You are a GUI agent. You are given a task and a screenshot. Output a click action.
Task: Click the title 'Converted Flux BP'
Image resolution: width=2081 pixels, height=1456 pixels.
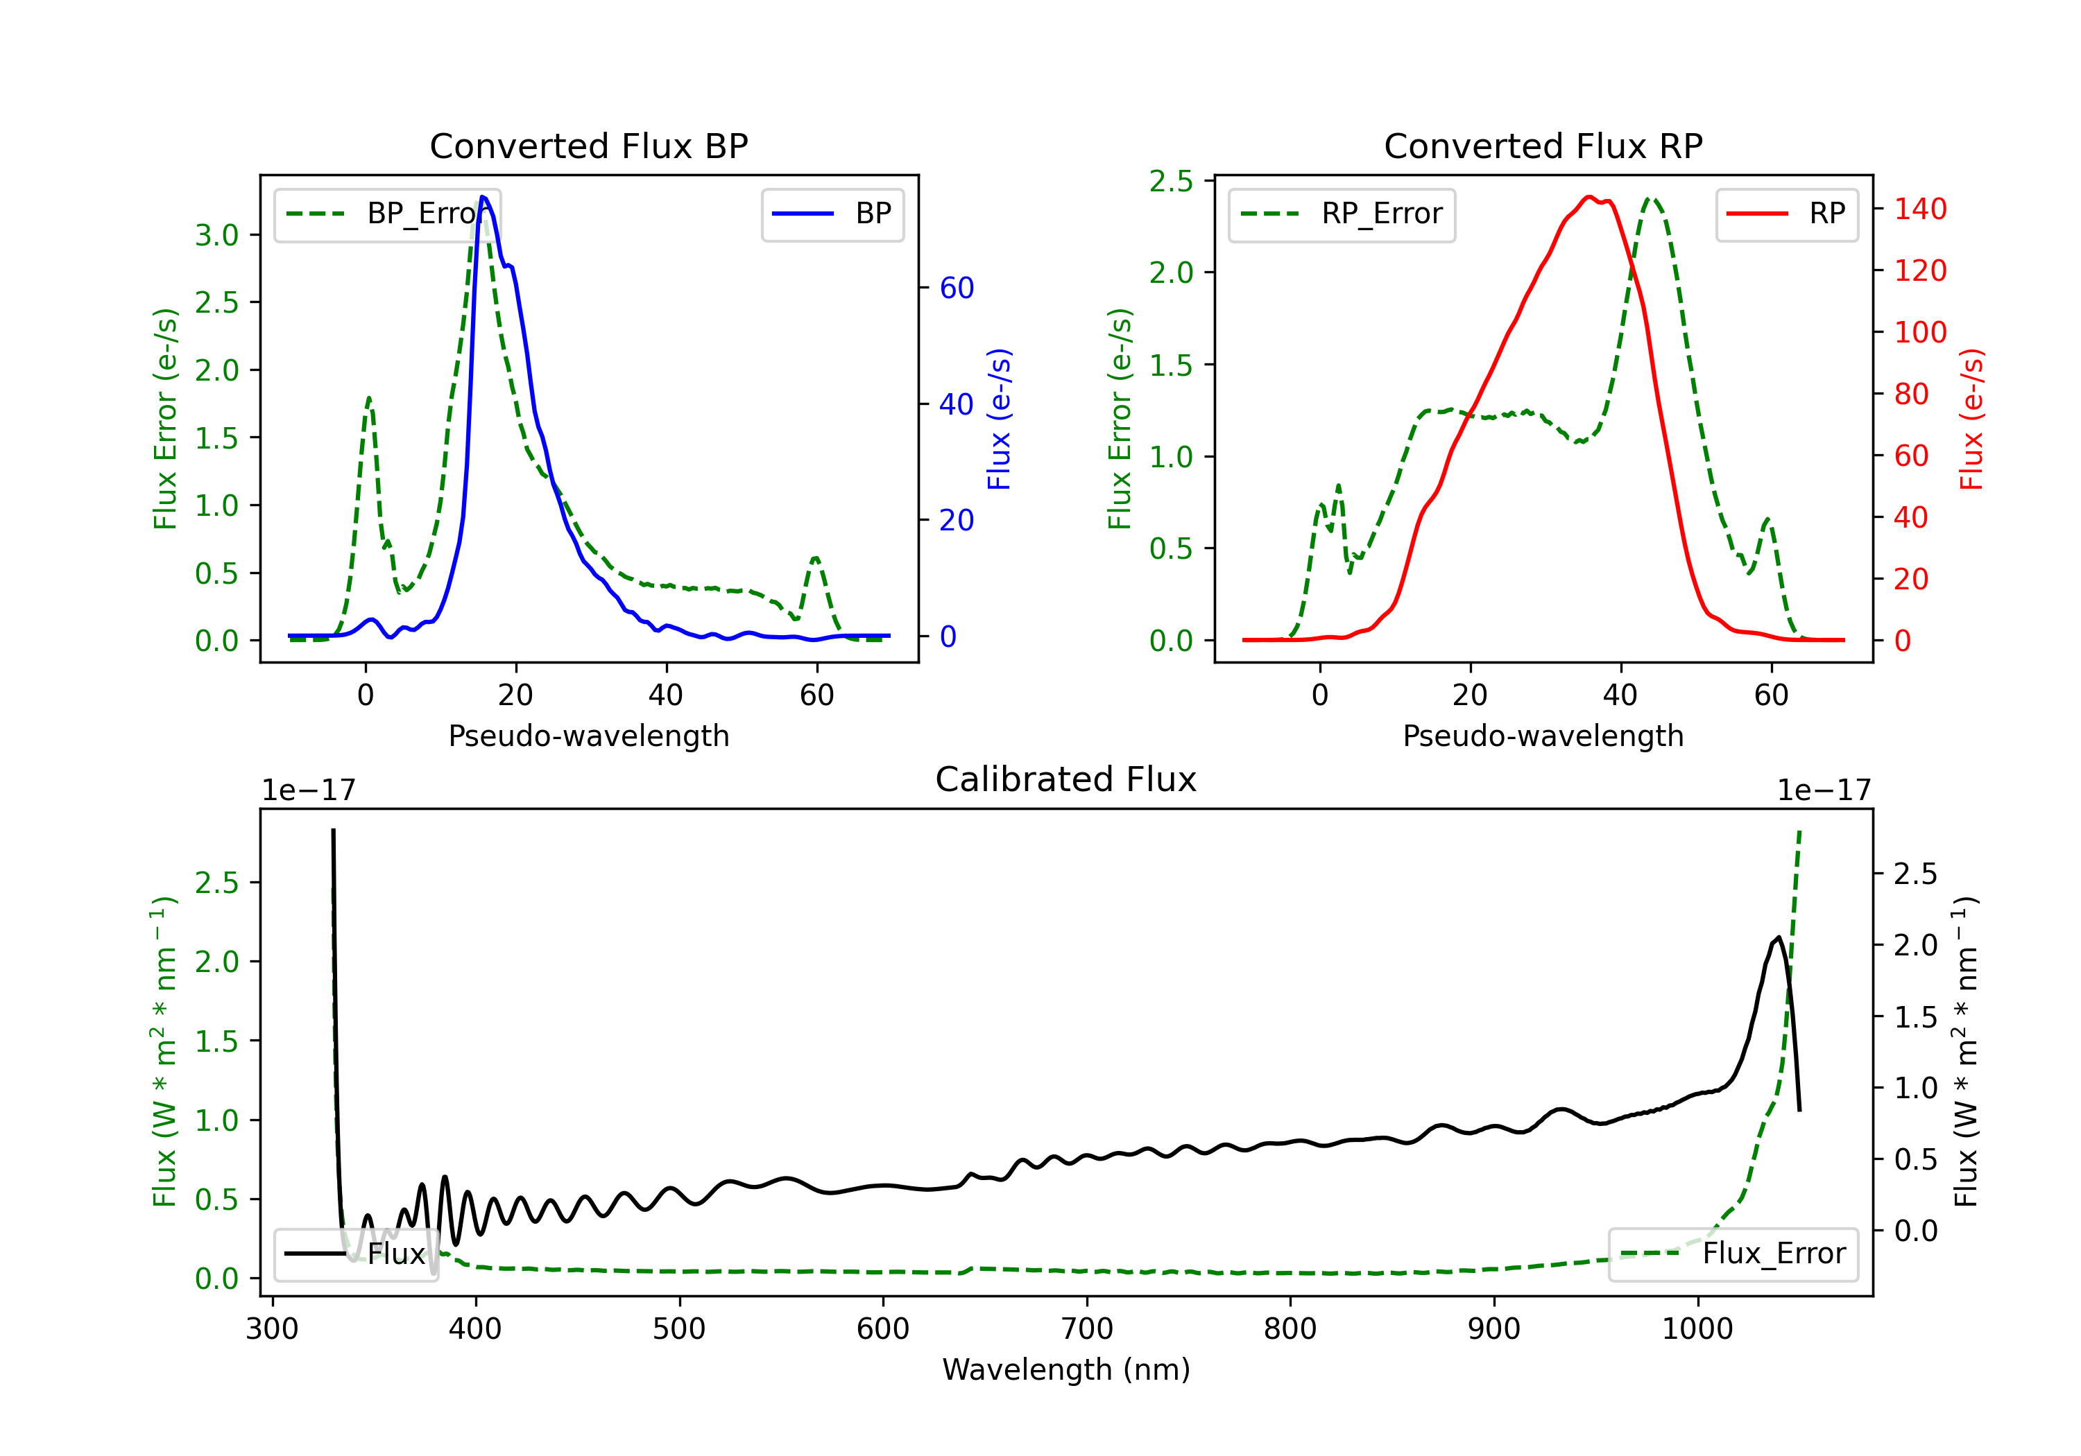[589, 146]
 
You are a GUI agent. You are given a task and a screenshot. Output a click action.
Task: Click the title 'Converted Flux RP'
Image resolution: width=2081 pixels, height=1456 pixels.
[1543, 146]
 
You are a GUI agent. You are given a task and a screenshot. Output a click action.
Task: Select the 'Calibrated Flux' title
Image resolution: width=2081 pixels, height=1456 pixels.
[1066, 779]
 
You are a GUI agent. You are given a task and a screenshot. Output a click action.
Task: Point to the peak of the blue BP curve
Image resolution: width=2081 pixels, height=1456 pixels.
[483, 197]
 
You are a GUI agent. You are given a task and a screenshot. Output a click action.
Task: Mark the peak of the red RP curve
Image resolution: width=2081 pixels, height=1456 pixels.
[1589, 197]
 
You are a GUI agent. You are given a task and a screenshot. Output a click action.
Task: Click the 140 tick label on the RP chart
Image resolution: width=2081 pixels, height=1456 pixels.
[1921, 209]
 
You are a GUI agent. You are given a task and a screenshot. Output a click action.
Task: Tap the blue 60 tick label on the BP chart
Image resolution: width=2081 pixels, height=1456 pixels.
[957, 288]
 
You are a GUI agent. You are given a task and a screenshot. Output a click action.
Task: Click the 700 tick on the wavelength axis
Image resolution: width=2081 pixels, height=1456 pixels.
[1087, 1329]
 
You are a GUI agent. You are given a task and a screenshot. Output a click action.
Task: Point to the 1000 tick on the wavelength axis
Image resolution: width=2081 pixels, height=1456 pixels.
[1697, 1329]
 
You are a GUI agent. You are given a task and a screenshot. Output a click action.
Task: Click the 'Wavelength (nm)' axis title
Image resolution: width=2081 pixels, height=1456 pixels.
[1066, 1369]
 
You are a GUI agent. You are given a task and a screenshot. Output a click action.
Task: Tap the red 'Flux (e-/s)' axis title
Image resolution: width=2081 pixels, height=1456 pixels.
[1971, 419]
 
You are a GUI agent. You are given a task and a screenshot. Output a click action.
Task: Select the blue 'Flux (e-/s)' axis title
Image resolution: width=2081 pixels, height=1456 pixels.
[999, 419]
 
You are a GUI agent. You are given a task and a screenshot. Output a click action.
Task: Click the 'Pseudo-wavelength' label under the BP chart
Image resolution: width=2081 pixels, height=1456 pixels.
[589, 736]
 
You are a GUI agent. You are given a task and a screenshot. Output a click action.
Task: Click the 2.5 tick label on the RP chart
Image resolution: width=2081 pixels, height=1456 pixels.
[1171, 181]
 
